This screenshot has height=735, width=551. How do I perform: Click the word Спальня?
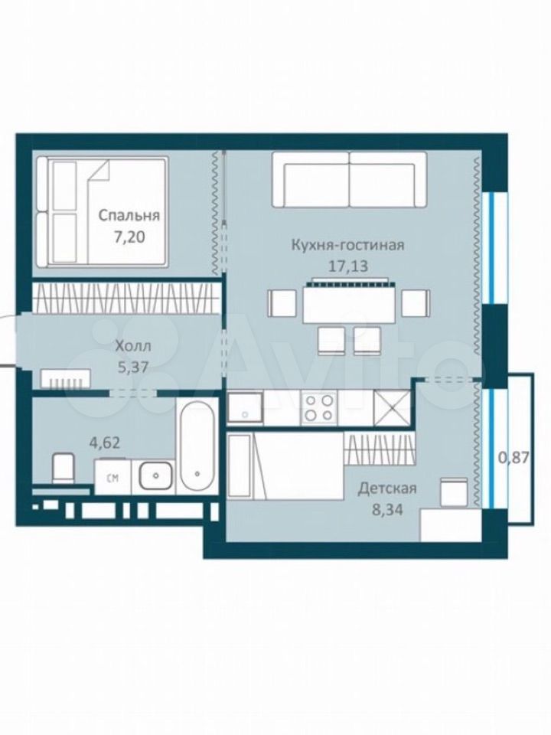(x=129, y=216)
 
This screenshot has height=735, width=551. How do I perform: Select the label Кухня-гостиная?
(x=348, y=245)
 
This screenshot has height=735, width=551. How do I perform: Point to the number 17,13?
(x=348, y=266)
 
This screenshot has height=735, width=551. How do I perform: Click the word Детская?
(x=387, y=488)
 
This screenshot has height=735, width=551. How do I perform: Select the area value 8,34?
(x=387, y=509)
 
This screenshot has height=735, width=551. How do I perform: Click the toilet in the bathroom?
(x=64, y=467)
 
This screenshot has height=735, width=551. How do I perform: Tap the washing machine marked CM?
(x=112, y=477)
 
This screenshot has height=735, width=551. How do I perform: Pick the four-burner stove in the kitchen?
(x=319, y=407)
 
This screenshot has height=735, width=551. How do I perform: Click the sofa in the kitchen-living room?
(x=349, y=179)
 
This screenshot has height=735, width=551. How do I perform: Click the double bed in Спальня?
(x=102, y=213)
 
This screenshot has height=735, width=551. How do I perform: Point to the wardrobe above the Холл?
(x=126, y=298)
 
